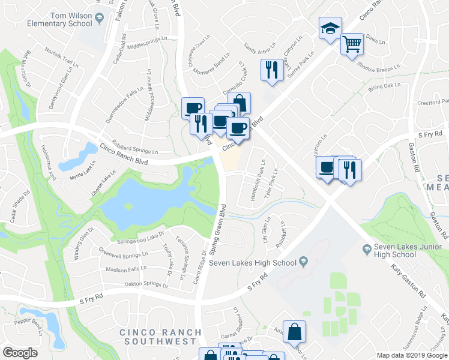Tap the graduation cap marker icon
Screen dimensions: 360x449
[x=330, y=28]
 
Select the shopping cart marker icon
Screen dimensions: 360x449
[x=351, y=44]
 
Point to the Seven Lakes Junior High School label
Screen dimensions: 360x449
[x=394, y=250]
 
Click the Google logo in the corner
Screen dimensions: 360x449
[x=20, y=353]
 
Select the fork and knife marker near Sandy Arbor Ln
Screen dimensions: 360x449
[x=271, y=70]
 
